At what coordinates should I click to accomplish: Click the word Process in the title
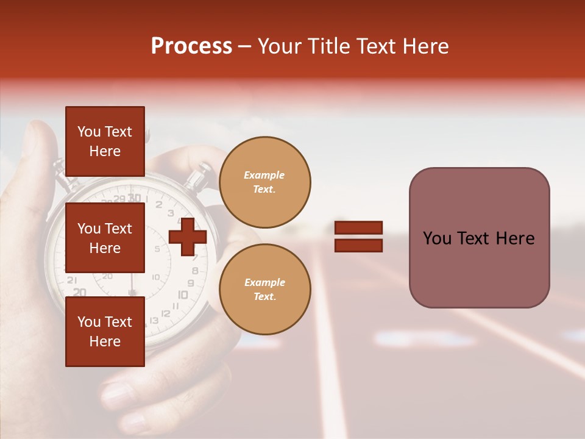[191, 46]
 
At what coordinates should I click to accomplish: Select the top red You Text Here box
[105, 141]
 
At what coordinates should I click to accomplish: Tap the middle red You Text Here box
[105, 238]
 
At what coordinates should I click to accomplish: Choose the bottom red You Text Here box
[105, 332]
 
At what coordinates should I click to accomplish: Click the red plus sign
[188, 237]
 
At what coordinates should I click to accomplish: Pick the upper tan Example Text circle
[264, 182]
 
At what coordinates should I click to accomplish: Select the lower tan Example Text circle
[264, 289]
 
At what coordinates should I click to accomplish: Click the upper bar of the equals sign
[359, 227]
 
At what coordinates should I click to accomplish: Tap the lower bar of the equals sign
[359, 245]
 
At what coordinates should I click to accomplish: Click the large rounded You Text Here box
[479, 238]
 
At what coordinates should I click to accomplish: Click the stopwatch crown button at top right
[199, 177]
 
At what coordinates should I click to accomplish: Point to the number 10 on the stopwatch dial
[182, 295]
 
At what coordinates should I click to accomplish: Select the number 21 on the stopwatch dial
[72, 280]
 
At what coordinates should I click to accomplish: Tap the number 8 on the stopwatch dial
[194, 271]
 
